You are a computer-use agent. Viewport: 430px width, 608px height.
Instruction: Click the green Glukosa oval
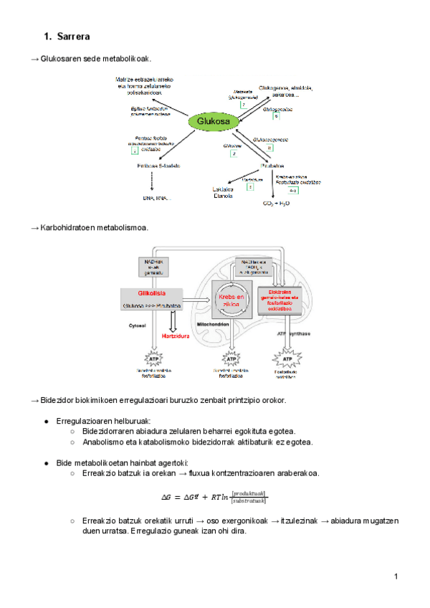(x=212, y=122)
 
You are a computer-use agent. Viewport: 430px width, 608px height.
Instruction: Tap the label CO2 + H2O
(x=277, y=204)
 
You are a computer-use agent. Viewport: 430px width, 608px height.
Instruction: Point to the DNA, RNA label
(x=156, y=197)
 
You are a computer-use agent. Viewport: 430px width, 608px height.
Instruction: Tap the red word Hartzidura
(x=176, y=335)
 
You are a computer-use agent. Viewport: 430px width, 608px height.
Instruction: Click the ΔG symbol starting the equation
(x=168, y=497)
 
